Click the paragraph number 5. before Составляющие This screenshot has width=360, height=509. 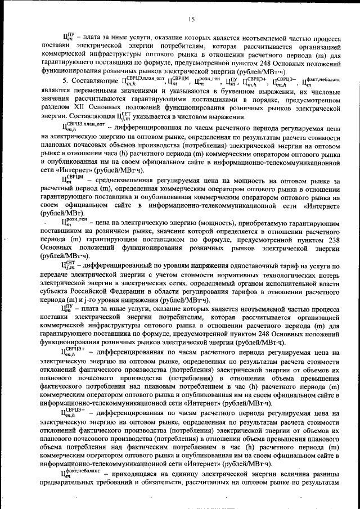pyautogui.click(x=65, y=81)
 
